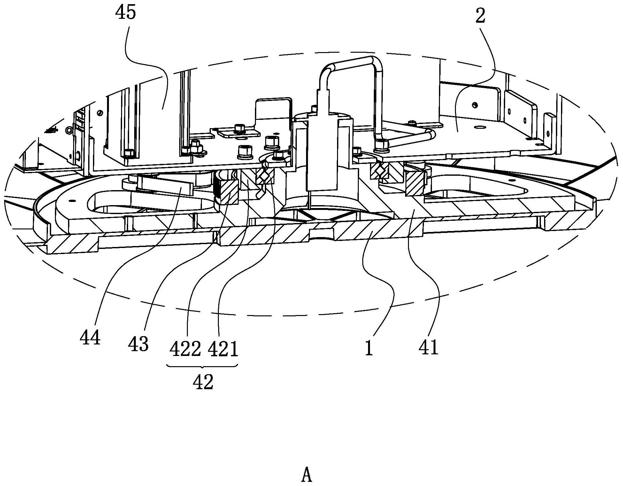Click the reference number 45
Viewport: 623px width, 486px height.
click(x=127, y=13)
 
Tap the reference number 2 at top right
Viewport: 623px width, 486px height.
click(x=480, y=16)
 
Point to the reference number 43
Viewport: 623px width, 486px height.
click(x=138, y=344)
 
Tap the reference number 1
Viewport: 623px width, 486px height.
click(x=369, y=348)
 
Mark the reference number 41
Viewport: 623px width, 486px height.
click(x=428, y=348)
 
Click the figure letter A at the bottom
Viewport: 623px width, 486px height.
click(x=307, y=475)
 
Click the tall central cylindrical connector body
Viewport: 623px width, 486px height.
click(x=323, y=153)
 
